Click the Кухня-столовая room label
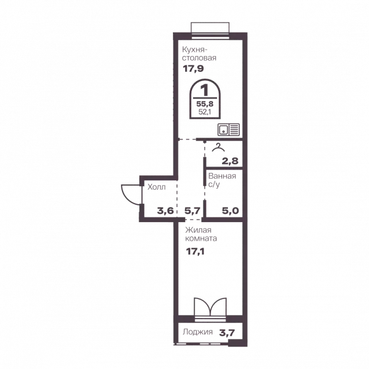click(x=200, y=54)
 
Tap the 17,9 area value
click(x=193, y=69)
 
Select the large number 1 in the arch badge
click(x=205, y=90)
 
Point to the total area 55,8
click(x=205, y=104)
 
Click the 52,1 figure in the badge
click(x=205, y=112)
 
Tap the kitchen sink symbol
click(x=228, y=130)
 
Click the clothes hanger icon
click(x=218, y=147)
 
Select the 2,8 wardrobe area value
click(x=230, y=161)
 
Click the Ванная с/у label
click(x=222, y=180)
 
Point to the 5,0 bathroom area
click(x=230, y=211)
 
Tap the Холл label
click(x=157, y=187)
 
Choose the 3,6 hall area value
click(x=165, y=211)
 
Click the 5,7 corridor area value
click(x=193, y=211)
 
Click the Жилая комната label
click(x=201, y=234)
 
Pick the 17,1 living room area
click(x=195, y=252)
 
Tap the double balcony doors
click(x=210, y=307)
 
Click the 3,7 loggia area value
click(x=227, y=333)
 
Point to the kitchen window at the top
click(x=210, y=30)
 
